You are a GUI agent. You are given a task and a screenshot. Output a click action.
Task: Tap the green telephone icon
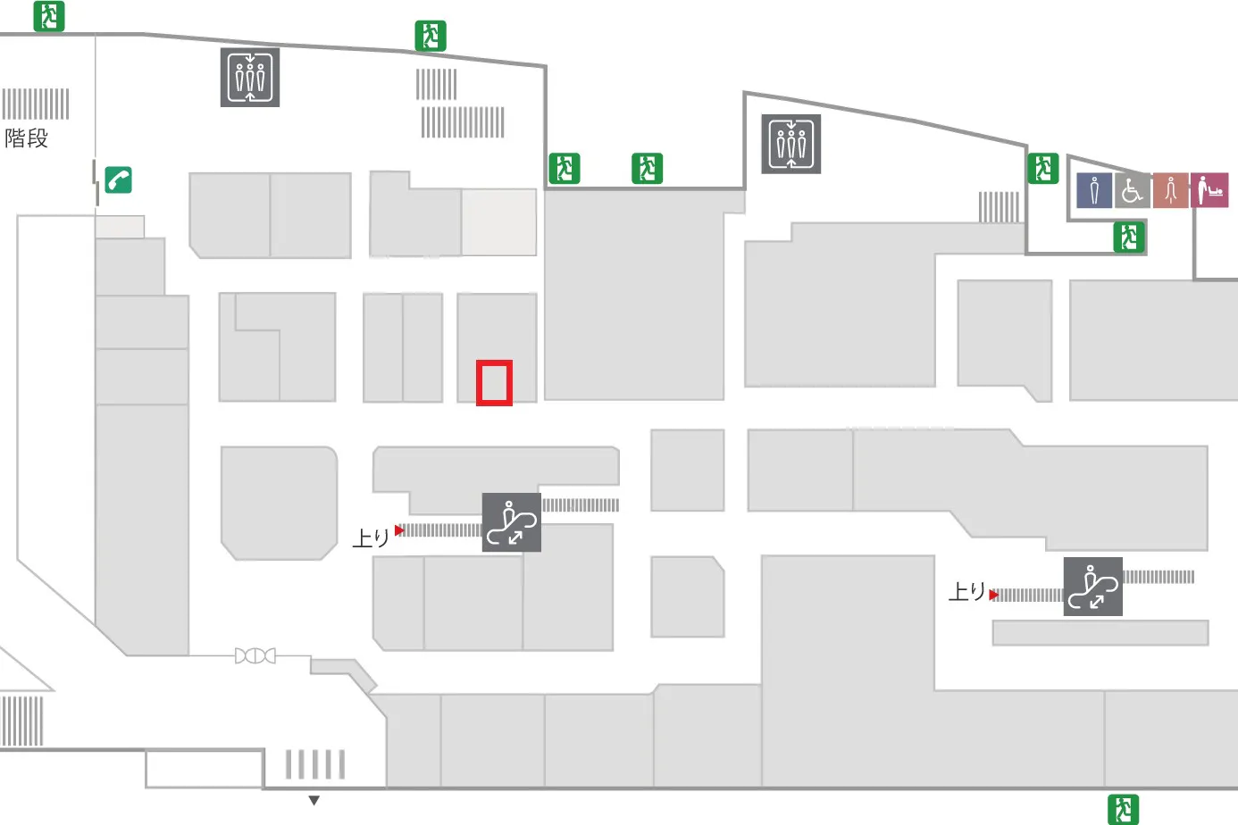tap(118, 179)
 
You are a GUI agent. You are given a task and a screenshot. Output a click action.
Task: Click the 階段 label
tap(26, 138)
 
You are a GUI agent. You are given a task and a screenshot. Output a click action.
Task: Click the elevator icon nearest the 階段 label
tap(250, 78)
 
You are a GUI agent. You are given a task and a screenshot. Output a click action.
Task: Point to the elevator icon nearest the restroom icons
tap(790, 145)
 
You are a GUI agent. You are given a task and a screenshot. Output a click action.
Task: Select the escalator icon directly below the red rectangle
tap(511, 522)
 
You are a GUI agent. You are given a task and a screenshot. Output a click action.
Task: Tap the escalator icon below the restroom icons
tap(1092, 587)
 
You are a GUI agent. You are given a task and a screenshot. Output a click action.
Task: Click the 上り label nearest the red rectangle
tap(372, 537)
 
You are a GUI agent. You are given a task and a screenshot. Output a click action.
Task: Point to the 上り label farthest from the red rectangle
tap(966, 591)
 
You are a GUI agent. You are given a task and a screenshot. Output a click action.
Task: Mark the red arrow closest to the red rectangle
tap(399, 530)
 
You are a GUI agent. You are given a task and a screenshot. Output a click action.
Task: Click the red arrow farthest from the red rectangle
tap(994, 595)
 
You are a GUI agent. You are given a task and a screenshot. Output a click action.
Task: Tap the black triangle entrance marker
tap(314, 800)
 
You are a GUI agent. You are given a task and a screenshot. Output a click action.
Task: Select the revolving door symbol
tap(255, 656)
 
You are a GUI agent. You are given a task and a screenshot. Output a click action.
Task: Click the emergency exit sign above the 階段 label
tap(49, 16)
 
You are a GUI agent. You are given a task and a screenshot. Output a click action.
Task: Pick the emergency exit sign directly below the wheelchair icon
tap(1128, 237)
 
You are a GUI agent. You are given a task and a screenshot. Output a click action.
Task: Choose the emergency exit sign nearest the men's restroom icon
tap(1043, 169)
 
